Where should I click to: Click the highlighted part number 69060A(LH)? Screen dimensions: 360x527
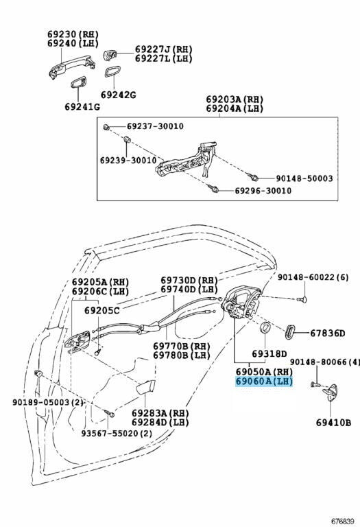(x=264, y=382)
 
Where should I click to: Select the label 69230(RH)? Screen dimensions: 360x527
(x=73, y=34)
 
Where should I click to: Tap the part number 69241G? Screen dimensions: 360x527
(x=82, y=107)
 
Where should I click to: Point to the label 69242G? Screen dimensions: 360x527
(x=119, y=95)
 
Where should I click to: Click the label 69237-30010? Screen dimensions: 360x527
(x=155, y=126)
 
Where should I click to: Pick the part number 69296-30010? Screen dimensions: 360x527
(x=263, y=191)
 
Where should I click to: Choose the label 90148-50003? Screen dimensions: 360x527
(x=304, y=178)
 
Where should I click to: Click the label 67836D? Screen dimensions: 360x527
(x=327, y=333)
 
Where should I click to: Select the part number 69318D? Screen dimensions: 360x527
(x=269, y=354)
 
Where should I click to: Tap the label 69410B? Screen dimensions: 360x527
(x=333, y=423)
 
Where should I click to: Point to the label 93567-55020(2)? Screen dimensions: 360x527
(x=117, y=434)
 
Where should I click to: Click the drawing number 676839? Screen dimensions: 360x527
(x=343, y=522)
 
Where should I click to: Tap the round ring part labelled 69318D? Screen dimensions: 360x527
(x=265, y=327)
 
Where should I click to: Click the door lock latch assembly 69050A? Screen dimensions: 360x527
(x=242, y=304)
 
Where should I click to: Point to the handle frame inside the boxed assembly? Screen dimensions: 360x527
(x=188, y=161)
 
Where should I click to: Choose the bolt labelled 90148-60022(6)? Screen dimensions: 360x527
(x=302, y=298)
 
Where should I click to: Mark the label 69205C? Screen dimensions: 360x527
(x=101, y=311)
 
